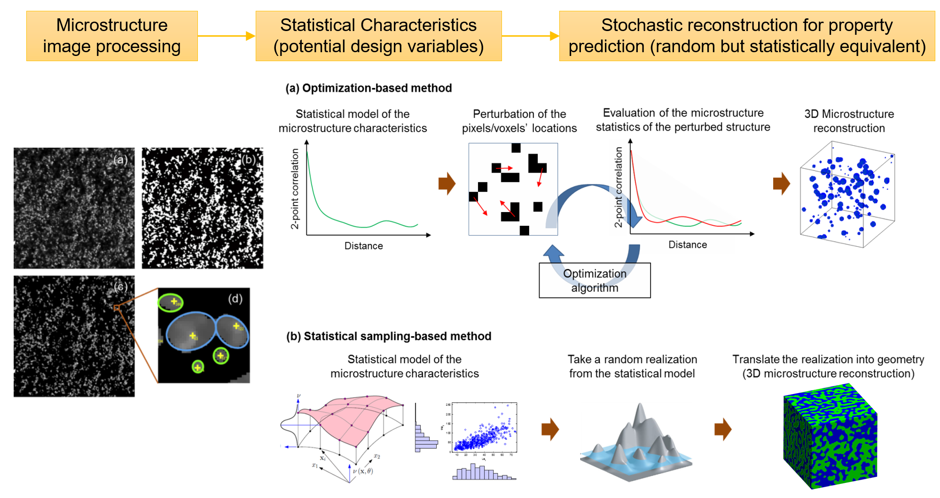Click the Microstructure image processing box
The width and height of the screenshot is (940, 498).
(112, 36)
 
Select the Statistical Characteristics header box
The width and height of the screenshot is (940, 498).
(378, 36)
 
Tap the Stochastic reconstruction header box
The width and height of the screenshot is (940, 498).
(747, 36)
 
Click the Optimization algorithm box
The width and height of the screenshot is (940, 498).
(595, 280)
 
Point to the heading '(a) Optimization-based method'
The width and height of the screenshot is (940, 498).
(368, 88)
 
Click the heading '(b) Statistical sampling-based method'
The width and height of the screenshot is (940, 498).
(389, 336)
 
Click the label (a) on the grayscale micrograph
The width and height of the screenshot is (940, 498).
(120, 159)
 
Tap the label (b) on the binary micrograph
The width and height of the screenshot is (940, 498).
(249, 159)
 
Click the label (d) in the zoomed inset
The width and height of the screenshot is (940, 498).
(235, 299)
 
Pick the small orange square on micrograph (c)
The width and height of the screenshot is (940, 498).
(116, 308)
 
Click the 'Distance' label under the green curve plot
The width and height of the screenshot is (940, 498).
(363, 245)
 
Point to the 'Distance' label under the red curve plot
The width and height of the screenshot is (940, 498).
(688, 245)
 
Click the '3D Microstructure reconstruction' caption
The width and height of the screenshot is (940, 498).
(849, 121)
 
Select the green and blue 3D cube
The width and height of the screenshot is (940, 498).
(830, 436)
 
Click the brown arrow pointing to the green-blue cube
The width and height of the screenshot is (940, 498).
(723, 429)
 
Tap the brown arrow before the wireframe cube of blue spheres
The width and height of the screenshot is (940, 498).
(781, 183)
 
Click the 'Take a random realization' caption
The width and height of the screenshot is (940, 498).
(632, 366)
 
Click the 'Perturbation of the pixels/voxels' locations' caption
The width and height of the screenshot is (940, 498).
(519, 121)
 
